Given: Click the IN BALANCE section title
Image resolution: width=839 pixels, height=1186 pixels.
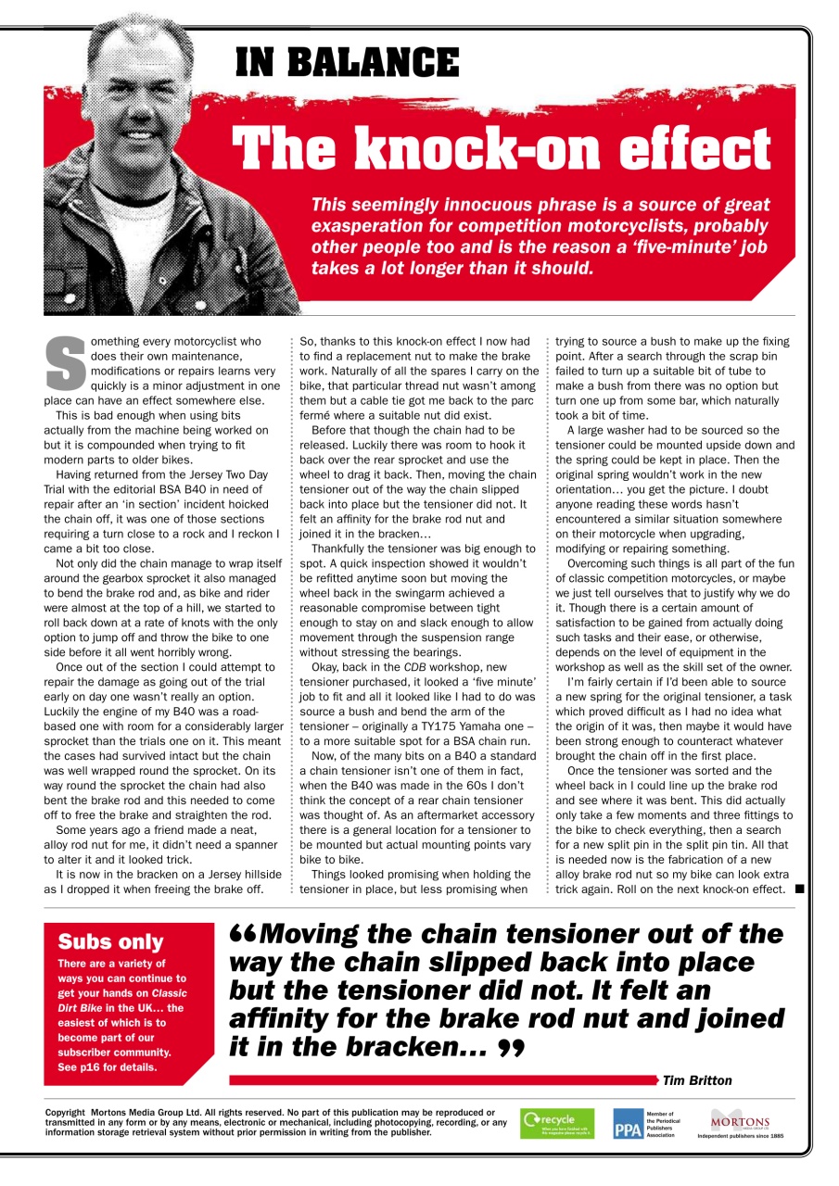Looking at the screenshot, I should (x=348, y=62).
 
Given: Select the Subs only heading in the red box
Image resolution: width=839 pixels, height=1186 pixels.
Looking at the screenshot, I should (x=110, y=942).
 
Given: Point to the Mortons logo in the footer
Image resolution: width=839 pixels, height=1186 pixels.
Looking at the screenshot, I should (x=740, y=1121).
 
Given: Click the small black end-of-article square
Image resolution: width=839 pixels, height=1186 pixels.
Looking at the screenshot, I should (x=798, y=890).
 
